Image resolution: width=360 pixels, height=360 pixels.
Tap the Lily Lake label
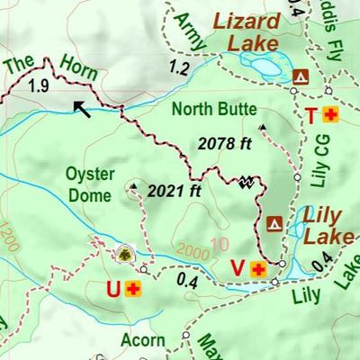coord(322,225)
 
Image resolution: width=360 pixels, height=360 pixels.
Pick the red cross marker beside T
coord(330,115)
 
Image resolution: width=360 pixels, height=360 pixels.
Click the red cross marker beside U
coord(133,289)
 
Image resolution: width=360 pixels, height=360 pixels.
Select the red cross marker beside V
coord(259,268)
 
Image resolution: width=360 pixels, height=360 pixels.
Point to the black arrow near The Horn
coord(82,109)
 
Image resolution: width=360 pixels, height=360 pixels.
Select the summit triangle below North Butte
coord(262,127)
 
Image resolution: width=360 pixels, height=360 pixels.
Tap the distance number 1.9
coord(37,86)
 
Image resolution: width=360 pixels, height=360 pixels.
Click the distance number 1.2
coord(179,67)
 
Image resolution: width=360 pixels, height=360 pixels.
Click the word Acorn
coord(142,339)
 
